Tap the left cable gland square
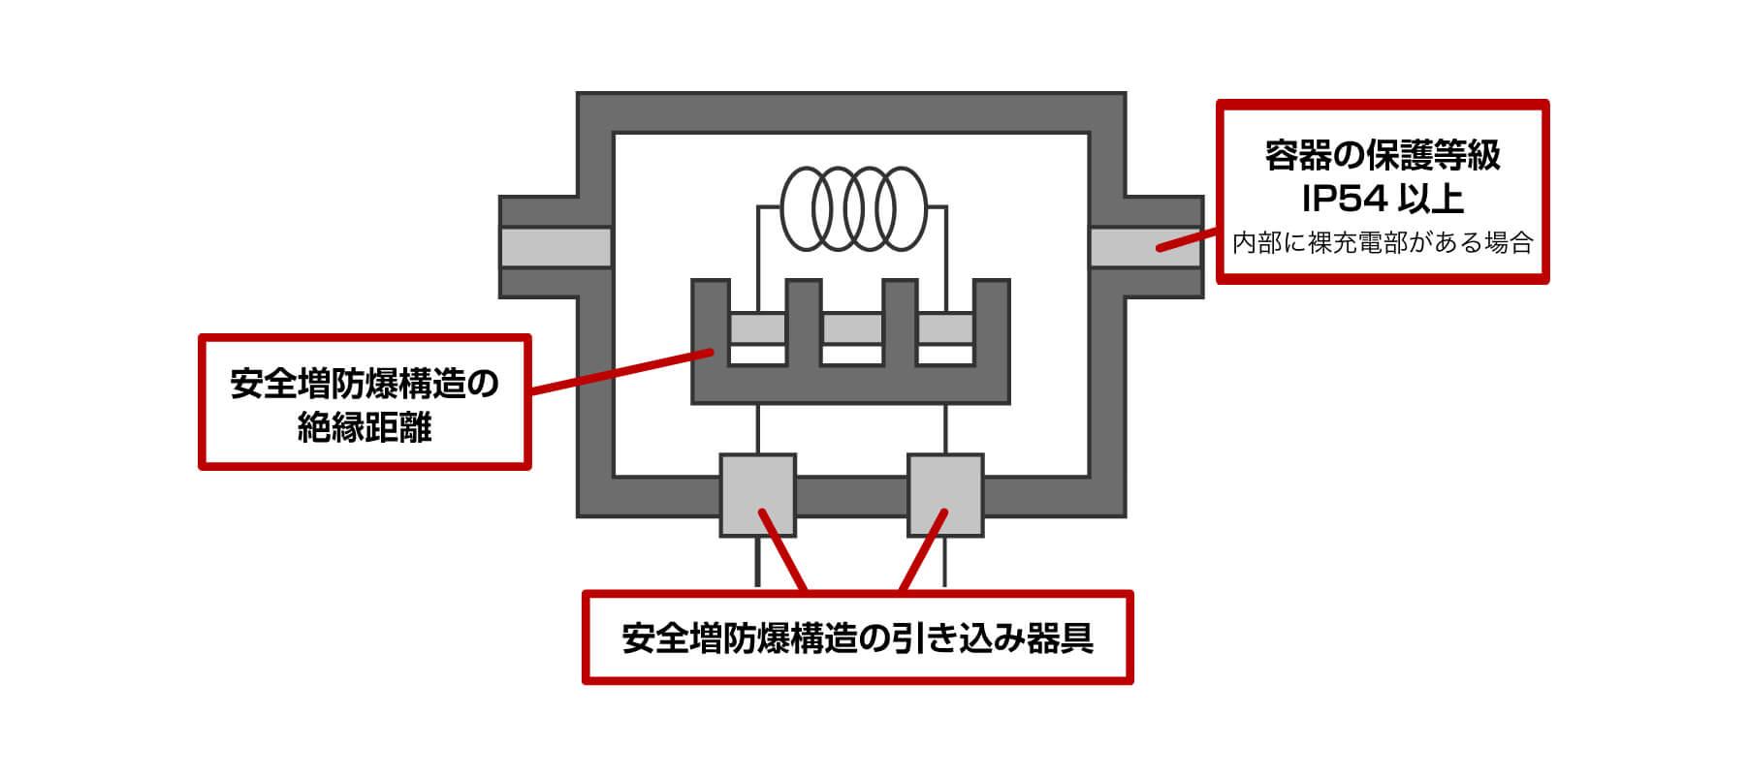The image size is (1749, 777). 757,494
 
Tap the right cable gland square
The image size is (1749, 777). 945,494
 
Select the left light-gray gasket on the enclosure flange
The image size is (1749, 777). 555,246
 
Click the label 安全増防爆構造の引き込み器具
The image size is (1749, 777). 857,638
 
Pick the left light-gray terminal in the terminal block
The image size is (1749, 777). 757,328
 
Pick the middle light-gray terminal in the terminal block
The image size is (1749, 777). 851,328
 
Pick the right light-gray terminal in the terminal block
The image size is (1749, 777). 945,328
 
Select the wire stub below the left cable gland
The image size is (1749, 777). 757,562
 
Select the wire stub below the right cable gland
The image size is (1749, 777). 945,562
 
